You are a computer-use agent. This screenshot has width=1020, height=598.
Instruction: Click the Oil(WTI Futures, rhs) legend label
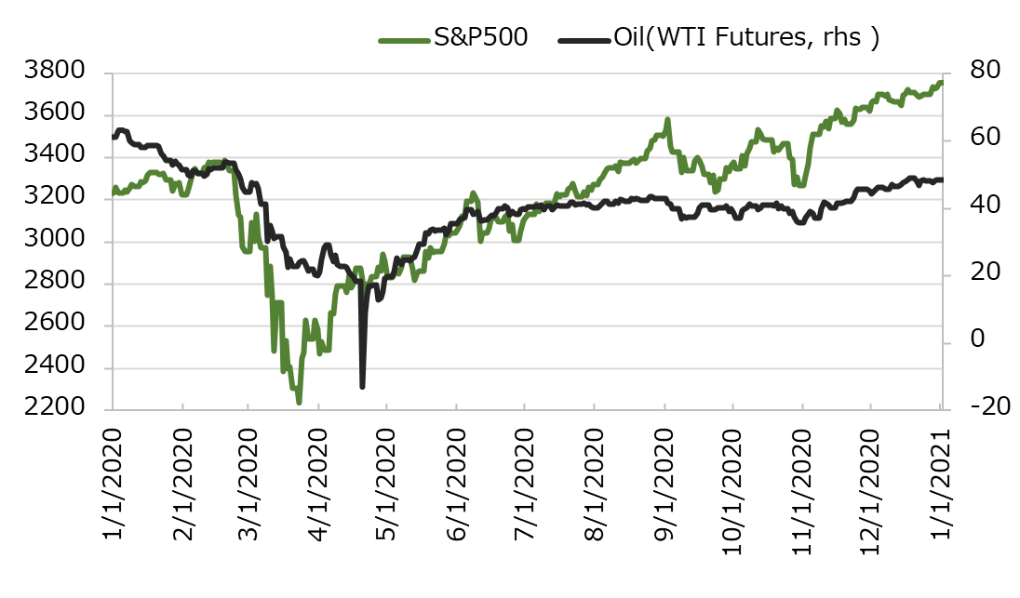(745, 38)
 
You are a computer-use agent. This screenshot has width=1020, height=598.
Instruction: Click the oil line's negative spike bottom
(362, 386)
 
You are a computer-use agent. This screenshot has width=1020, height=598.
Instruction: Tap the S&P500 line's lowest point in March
(299, 403)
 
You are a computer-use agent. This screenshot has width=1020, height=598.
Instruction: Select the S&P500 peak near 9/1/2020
(667, 120)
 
